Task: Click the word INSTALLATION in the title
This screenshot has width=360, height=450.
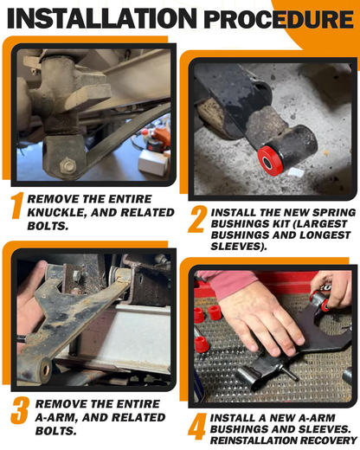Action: pyautogui.click(x=102, y=18)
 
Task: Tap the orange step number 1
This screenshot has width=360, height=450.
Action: pyautogui.click(x=17, y=206)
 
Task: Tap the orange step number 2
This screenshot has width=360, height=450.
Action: pyautogui.click(x=197, y=219)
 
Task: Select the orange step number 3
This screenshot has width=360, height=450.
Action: pyautogui.click(x=20, y=410)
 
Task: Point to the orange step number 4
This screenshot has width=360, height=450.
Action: pyautogui.click(x=197, y=427)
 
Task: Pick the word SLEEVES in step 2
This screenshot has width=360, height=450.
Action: pyautogui.click(x=237, y=247)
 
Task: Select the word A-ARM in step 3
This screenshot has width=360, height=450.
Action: pyautogui.click(x=55, y=418)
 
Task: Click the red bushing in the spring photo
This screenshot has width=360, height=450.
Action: pyautogui.click(x=270, y=160)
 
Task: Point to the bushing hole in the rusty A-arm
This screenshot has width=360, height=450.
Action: pyautogui.click(x=45, y=370)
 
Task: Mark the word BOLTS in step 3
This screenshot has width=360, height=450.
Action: pyautogui.click(x=56, y=431)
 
